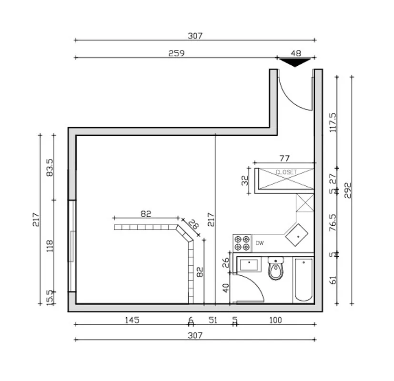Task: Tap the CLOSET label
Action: pos(286,172)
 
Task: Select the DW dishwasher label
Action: pos(260,243)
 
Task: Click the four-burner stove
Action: pos(242,243)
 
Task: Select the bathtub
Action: pos(303,280)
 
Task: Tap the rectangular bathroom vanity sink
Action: pos(249,265)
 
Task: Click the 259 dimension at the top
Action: pos(176,53)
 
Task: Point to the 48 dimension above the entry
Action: pos(296,53)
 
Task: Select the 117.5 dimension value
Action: pos(333,122)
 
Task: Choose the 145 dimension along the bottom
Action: pos(131,320)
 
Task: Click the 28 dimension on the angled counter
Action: pos(192,224)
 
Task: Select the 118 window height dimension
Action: pos(49,246)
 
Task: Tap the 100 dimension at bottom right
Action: pos(275,320)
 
